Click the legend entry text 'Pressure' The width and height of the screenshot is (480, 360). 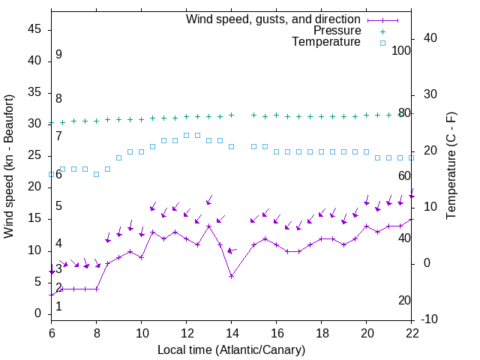337,31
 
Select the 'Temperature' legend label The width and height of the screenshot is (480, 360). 326,43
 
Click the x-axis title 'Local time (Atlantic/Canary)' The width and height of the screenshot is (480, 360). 231,349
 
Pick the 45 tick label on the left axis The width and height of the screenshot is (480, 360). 34,29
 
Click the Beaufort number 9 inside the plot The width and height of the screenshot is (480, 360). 58,55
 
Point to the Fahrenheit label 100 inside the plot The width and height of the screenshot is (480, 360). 401,50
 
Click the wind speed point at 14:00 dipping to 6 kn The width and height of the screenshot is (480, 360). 232,276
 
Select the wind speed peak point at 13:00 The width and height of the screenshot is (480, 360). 209,226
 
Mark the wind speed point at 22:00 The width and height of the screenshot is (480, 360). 412,220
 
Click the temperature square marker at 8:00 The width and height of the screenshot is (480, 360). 96,174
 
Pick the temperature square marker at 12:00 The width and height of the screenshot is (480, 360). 186,135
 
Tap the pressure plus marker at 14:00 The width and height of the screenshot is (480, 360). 232,115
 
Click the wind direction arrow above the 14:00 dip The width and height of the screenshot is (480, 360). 232,250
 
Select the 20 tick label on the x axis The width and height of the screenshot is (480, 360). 367,332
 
